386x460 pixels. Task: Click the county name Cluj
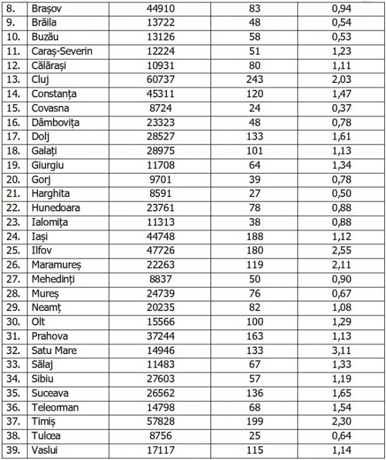pos(39,79)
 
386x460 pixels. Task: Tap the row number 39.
pos(13,450)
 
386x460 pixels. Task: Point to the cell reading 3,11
pos(341,350)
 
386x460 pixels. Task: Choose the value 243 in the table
pos(254,79)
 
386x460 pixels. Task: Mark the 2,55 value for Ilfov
pos(341,251)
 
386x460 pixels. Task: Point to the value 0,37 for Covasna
pos(341,108)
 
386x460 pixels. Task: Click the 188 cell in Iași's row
pos(254,236)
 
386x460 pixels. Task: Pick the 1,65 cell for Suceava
pos(341,393)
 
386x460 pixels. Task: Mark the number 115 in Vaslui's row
pos(254,450)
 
